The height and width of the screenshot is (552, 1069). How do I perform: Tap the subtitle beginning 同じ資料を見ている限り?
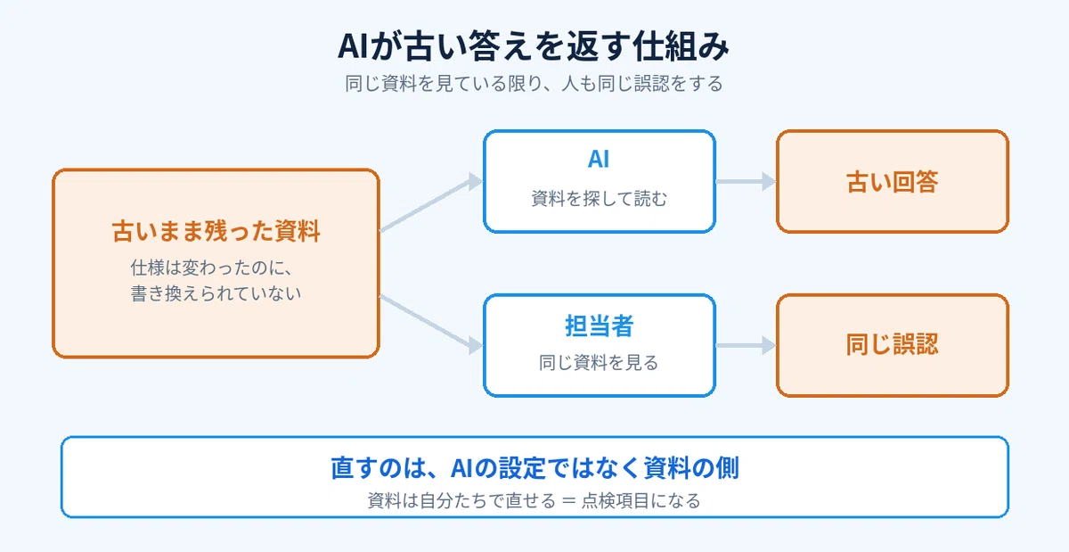(x=534, y=84)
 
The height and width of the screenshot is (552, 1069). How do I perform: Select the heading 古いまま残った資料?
(x=216, y=231)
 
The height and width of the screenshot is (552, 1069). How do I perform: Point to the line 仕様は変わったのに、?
(x=212, y=268)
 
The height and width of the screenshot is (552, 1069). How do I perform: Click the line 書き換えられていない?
(x=216, y=293)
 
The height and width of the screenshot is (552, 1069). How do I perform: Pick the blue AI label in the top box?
(x=599, y=159)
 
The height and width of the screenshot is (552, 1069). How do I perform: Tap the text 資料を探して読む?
(x=599, y=198)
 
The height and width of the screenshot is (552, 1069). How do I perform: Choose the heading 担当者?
(x=599, y=326)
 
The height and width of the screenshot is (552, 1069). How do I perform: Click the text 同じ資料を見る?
(x=599, y=363)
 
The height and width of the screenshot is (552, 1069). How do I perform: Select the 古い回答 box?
(x=893, y=182)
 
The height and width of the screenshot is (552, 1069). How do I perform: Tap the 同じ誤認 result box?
(x=893, y=345)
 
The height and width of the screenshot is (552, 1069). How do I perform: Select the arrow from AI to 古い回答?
(x=746, y=182)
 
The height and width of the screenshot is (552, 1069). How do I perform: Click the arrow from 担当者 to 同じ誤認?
(x=746, y=345)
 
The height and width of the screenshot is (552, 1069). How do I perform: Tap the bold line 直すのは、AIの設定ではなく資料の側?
(x=534, y=467)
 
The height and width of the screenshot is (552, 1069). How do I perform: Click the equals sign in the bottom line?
(x=568, y=501)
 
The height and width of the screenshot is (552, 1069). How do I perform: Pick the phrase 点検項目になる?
(x=641, y=501)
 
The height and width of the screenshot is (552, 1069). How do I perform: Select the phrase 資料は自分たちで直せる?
(x=461, y=501)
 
